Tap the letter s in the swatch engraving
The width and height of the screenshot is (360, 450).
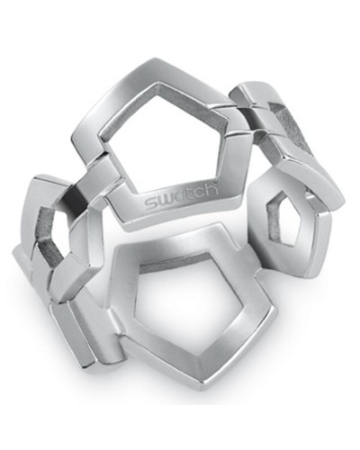pos(149,201)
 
